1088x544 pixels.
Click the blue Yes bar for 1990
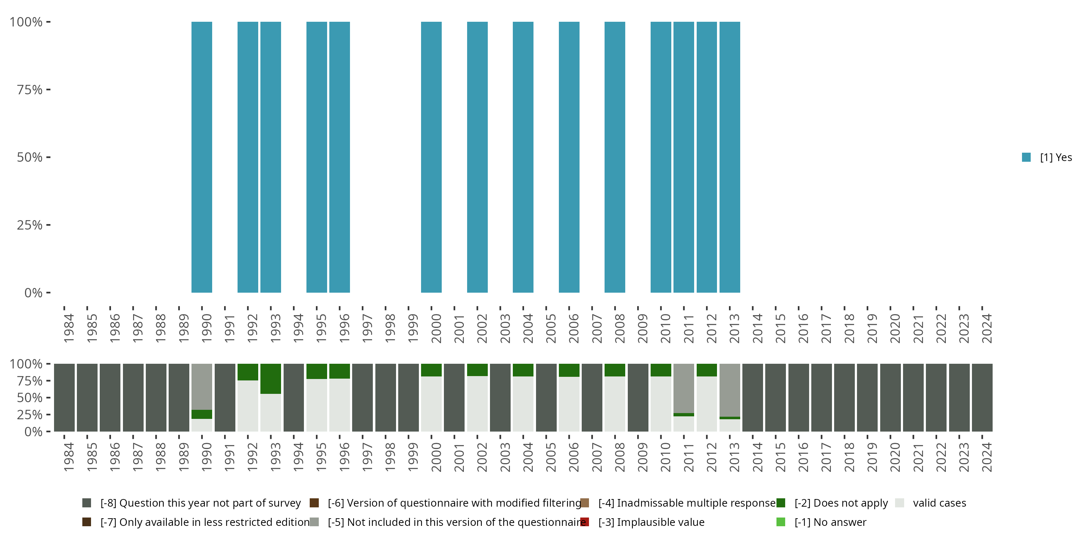tap(202, 157)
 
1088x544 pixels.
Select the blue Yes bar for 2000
tap(431, 157)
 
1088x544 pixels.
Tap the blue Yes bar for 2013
tap(729, 157)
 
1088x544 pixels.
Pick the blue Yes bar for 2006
tap(569, 157)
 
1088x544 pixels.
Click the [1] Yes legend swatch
tap(1026, 157)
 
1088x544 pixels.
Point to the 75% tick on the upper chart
tap(48, 90)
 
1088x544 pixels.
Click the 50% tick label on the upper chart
tap(30, 157)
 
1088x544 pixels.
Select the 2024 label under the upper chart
tap(986, 328)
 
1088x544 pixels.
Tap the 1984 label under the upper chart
tap(69, 328)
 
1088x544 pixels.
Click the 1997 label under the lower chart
tap(367, 457)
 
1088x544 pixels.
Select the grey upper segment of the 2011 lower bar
tap(683, 388)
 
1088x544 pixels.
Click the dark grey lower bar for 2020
tap(890, 397)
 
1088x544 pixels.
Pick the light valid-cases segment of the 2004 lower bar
tap(523, 403)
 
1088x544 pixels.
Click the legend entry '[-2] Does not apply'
tap(841, 503)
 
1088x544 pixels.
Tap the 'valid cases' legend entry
tap(939, 503)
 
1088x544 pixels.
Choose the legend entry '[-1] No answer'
tap(830, 523)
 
